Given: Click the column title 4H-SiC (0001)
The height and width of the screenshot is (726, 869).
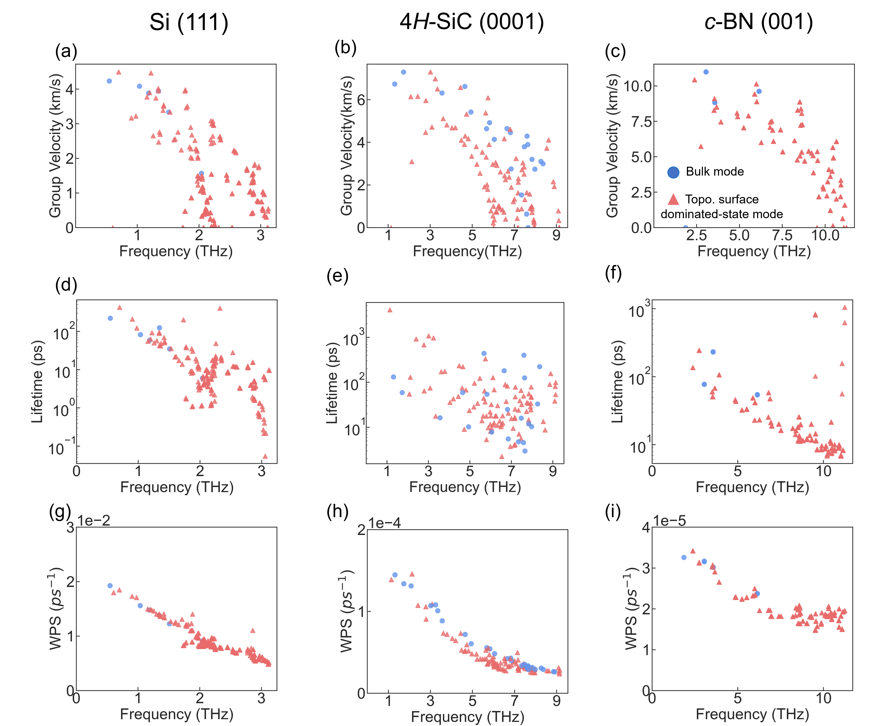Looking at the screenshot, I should [x=471, y=21].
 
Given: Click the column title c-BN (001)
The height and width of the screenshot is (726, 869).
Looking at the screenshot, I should [x=758, y=21].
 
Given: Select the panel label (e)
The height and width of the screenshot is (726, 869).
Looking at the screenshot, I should [x=337, y=276].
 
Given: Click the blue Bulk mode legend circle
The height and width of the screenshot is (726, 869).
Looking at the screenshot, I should [x=673, y=172].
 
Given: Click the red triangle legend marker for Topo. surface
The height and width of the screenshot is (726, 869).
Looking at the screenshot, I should [x=673, y=199].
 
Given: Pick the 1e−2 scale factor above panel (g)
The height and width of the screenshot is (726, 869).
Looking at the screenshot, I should [x=94, y=521].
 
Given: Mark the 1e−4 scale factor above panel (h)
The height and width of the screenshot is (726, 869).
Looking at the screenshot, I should [x=385, y=523].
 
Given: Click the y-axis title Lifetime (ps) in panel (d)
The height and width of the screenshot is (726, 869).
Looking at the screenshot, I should [x=37, y=382].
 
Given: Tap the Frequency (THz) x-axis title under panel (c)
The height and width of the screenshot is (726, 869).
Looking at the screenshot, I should [x=754, y=251].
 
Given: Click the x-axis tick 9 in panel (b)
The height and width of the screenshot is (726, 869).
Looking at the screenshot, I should [x=557, y=235].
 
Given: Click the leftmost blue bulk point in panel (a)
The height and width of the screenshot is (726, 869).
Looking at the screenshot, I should [x=109, y=81].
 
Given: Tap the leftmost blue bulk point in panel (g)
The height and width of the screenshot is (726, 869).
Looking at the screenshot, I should [x=110, y=586].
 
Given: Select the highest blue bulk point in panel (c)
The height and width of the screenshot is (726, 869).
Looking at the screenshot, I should [x=706, y=72].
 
